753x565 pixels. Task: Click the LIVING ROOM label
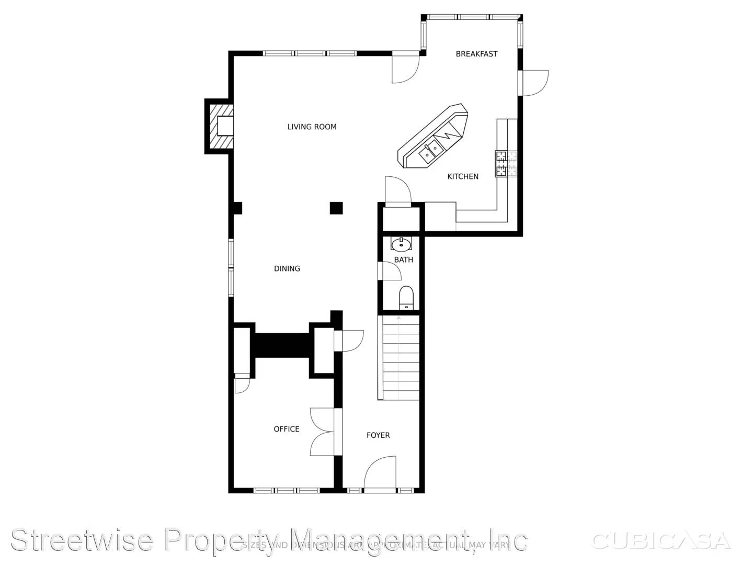[x=312, y=127]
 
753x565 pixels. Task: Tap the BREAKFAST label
[x=476, y=54]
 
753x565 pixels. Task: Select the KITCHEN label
[x=463, y=177]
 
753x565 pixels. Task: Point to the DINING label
[x=287, y=269]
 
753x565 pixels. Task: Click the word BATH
[x=403, y=260]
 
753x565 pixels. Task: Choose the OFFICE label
[x=287, y=429]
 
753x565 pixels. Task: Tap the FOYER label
[x=378, y=435]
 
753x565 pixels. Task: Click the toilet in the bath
[x=406, y=297]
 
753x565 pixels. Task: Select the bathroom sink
[x=402, y=244]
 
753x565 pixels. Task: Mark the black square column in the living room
[x=336, y=208]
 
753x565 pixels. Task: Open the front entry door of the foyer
[x=380, y=473]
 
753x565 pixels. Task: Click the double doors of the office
[x=323, y=432]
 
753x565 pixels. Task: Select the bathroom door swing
[x=390, y=270]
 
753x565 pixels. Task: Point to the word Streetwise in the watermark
[x=82, y=540]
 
